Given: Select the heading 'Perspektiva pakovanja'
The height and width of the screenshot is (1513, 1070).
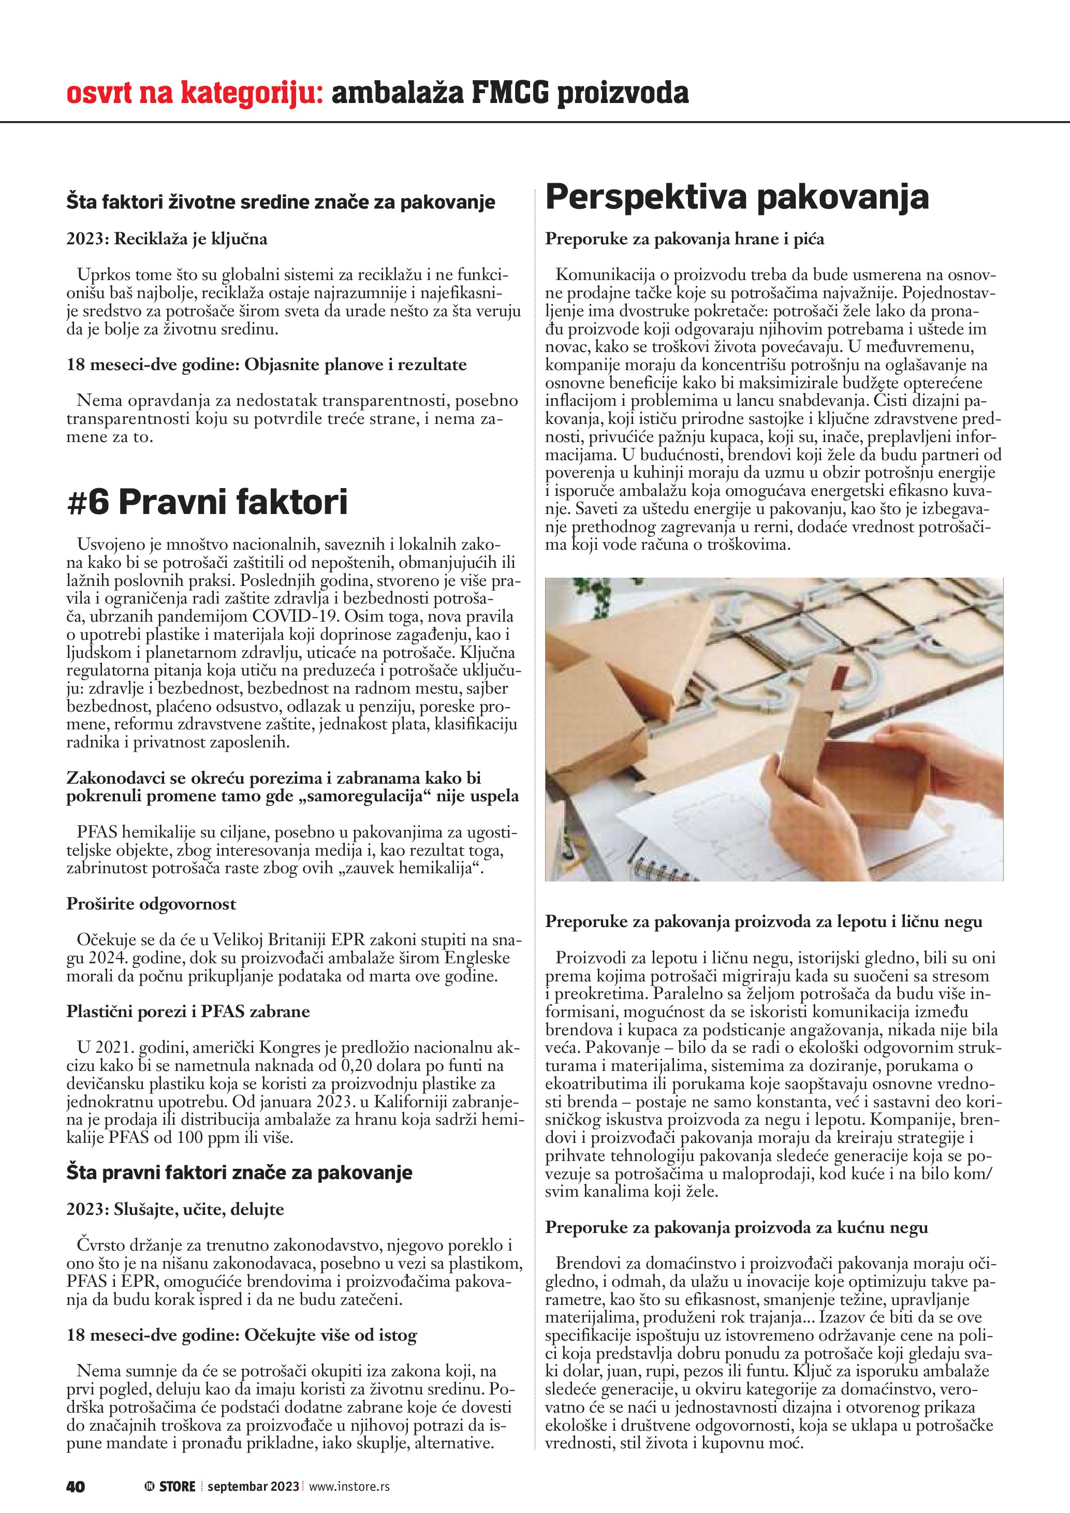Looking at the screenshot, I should (x=737, y=197).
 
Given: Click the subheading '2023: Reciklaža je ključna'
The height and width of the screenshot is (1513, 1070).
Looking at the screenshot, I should (x=167, y=239).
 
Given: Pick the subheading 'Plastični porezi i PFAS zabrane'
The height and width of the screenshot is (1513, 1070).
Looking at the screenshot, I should (x=188, y=1011).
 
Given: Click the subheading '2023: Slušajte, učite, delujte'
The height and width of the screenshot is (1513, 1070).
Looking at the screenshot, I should (x=175, y=1209).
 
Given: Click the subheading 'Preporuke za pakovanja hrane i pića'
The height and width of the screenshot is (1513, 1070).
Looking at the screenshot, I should (x=684, y=239).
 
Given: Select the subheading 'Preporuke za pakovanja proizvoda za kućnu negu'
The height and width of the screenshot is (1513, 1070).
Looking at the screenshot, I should (x=737, y=1228).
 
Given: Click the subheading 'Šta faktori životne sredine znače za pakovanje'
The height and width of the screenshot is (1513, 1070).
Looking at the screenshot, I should (x=281, y=202).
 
